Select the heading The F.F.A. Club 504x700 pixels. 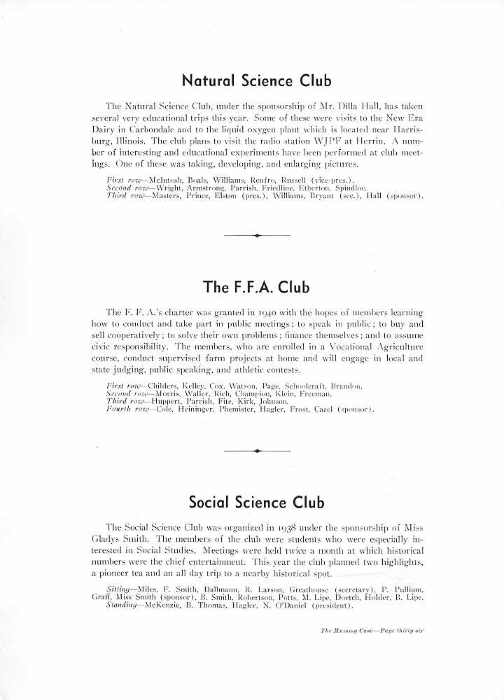tap(256, 287)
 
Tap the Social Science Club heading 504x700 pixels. tap(257, 502)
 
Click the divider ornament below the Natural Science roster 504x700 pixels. tap(257, 236)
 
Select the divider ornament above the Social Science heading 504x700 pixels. tap(257, 451)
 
